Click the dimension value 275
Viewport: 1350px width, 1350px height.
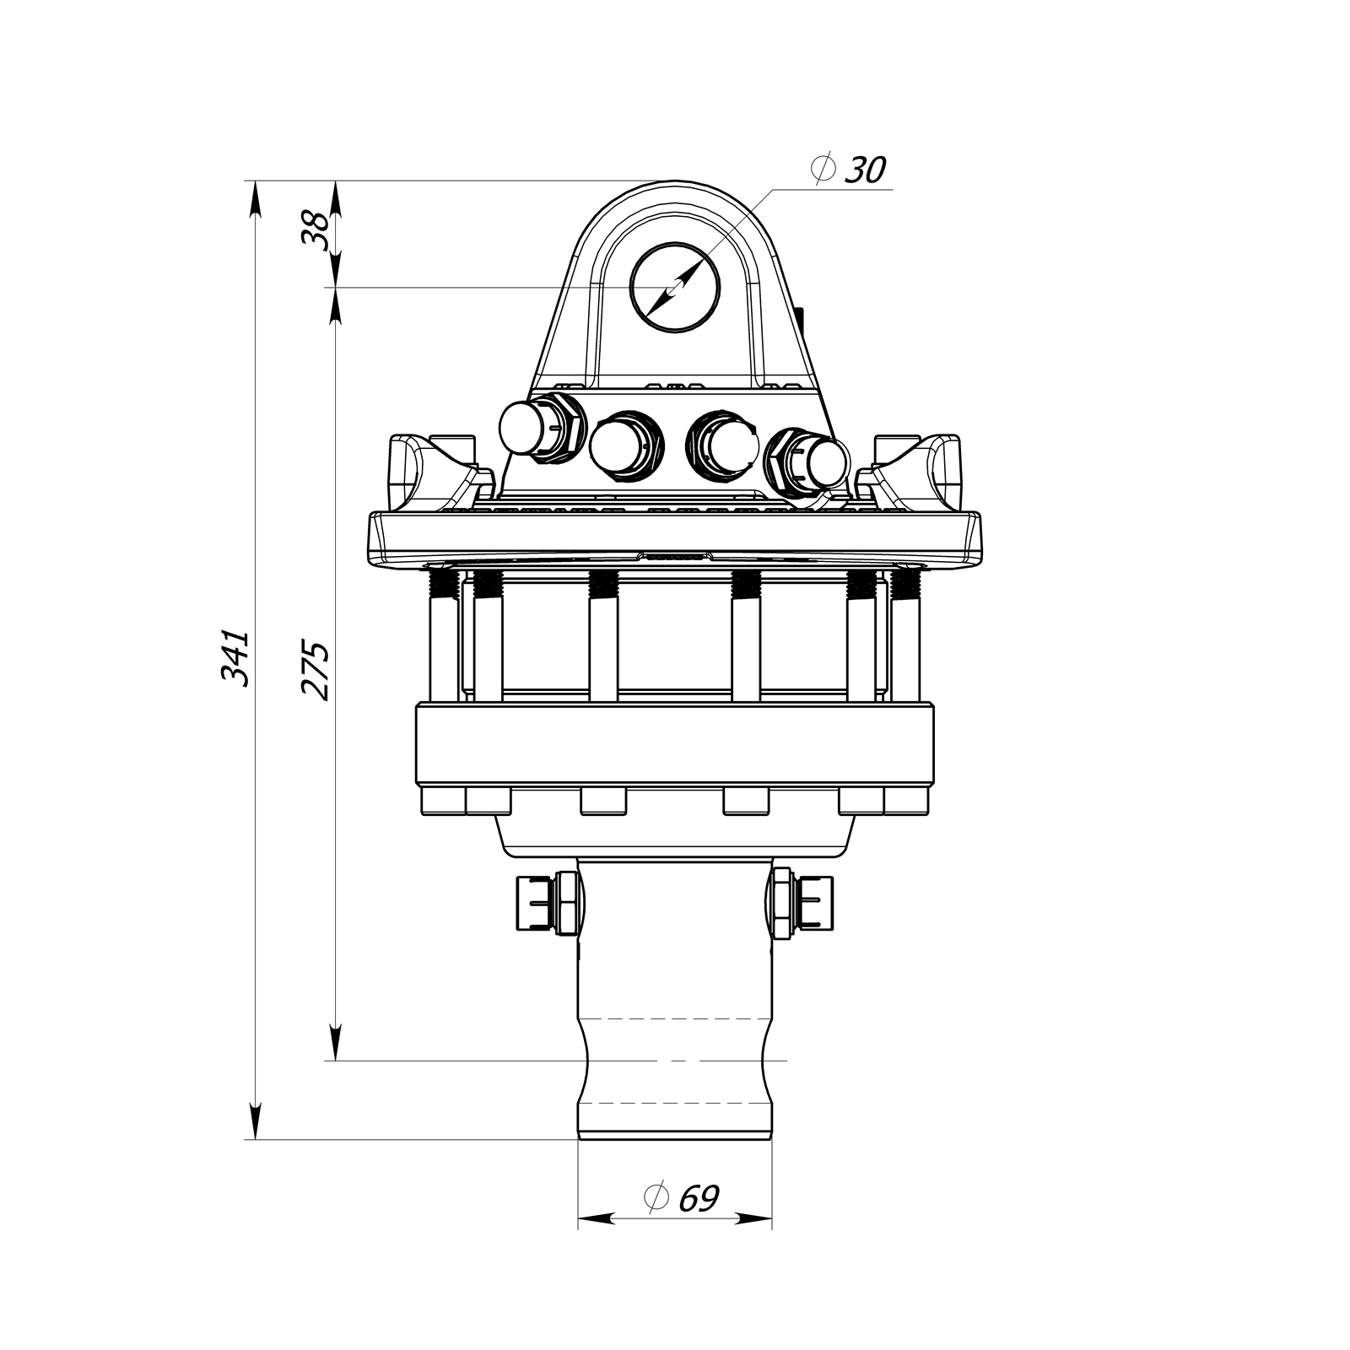click(315, 671)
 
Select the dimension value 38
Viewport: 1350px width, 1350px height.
click(315, 229)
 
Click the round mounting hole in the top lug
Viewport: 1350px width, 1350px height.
click(675, 287)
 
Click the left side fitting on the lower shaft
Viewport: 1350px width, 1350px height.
click(547, 903)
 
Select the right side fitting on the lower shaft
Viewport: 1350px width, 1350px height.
click(802, 903)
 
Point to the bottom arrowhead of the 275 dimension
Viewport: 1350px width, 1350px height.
click(335, 1043)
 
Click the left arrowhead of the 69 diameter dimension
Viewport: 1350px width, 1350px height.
click(596, 1218)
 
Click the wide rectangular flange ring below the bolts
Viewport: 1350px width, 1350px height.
click(675, 742)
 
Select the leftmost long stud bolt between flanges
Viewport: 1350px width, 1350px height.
click(443, 633)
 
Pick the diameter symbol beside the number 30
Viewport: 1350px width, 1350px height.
click(822, 171)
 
